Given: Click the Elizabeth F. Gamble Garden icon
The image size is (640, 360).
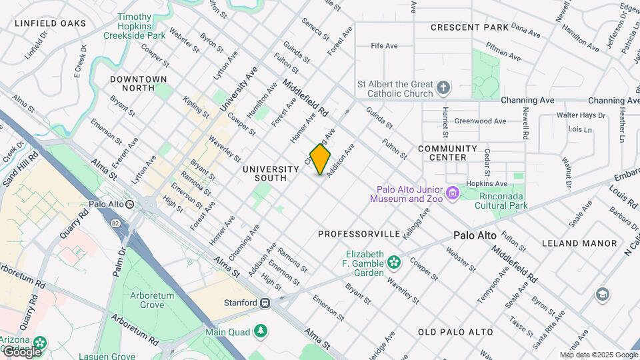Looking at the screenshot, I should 394,262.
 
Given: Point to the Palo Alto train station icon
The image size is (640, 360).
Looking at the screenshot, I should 130,205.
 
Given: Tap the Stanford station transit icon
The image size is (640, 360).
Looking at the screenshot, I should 265,303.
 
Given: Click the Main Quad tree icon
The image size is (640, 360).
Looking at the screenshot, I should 261,331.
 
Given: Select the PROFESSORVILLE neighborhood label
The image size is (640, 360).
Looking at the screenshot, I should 359,234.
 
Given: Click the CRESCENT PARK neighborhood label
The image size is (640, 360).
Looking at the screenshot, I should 469,27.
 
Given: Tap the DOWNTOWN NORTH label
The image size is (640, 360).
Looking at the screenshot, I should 139,83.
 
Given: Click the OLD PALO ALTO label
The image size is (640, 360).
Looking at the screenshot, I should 456,331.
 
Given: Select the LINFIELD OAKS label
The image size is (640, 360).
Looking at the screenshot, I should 51,23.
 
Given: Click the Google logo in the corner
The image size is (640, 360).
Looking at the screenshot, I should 21,351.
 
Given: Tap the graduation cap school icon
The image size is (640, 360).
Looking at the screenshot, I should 603,294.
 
